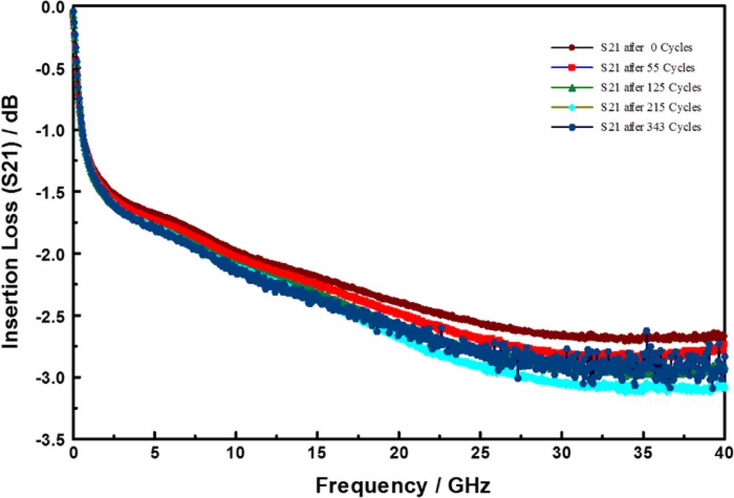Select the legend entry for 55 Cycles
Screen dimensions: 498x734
[x=648, y=68]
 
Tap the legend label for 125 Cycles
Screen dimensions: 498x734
[x=650, y=88]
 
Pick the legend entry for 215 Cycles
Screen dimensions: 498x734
[x=650, y=107]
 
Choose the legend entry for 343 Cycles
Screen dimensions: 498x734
[x=650, y=127]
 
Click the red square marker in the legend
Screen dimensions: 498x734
[x=571, y=68]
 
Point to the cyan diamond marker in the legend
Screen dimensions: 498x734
[x=571, y=107]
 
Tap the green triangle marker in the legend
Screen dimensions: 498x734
[x=571, y=88]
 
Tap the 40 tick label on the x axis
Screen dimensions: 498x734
[x=725, y=454]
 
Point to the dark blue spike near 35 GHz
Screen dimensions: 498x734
[x=646, y=332]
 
